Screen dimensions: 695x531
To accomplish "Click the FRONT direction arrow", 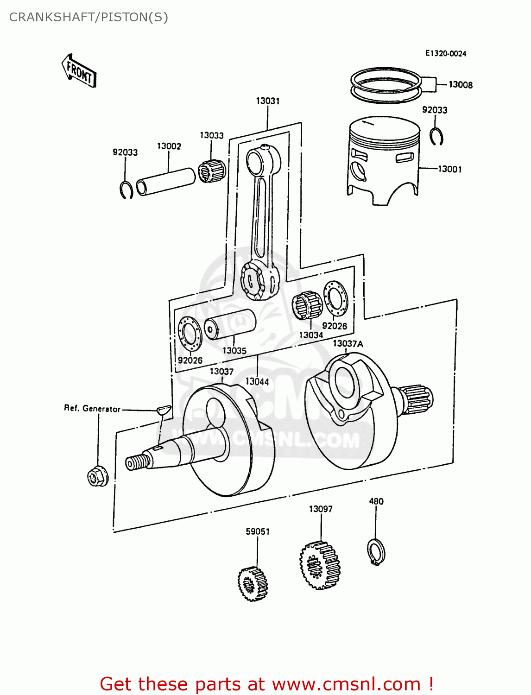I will click(79, 71).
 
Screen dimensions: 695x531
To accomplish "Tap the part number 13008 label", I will click(460, 85).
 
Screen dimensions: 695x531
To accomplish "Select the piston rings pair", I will click(385, 86).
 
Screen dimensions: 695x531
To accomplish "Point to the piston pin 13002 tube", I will click(166, 182).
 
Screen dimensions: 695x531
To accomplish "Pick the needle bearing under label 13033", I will click(212, 171).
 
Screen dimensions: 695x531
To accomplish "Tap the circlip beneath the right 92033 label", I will click(436, 137).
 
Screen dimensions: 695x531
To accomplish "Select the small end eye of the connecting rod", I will click(255, 160).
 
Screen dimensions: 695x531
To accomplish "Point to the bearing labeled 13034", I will click(307, 306).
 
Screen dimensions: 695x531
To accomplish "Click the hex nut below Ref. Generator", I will click(97, 476).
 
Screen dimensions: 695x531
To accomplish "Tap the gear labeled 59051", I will click(253, 583).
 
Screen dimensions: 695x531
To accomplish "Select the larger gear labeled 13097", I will click(320, 565).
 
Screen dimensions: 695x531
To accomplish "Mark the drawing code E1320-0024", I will click(445, 54).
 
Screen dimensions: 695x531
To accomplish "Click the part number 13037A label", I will click(348, 344).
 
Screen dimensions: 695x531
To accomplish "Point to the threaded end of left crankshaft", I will click(138, 462).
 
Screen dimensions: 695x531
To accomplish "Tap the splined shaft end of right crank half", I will click(418, 398).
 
